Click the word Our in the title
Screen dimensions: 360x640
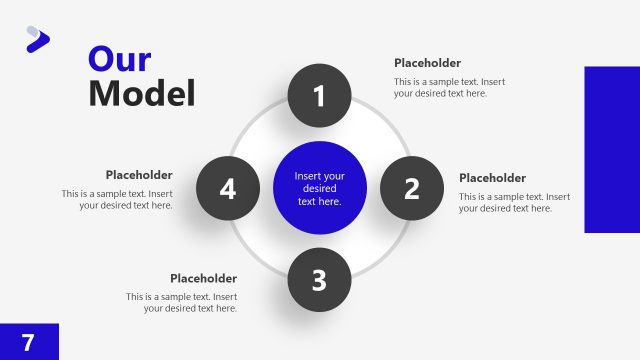click(x=119, y=58)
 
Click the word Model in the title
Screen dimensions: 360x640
click(x=141, y=93)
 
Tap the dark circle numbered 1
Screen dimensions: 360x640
click(x=319, y=96)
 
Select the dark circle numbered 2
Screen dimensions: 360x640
click(x=411, y=188)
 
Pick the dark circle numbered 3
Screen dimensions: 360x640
click(x=319, y=279)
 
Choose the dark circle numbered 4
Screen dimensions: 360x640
click(x=228, y=188)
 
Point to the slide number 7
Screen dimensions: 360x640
click(x=28, y=342)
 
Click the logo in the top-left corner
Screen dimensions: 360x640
click(x=37, y=39)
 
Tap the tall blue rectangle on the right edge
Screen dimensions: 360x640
click(x=611, y=149)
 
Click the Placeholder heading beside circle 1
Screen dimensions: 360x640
click(x=427, y=63)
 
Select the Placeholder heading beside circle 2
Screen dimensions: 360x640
click(x=492, y=178)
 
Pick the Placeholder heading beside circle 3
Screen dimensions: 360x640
click(x=203, y=278)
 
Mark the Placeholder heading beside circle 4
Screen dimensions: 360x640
click(x=139, y=175)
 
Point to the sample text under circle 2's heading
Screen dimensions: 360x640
click(x=514, y=202)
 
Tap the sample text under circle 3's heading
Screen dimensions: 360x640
click(x=182, y=302)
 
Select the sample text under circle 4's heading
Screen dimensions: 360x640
click(x=117, y=199)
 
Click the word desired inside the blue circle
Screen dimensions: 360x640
click(x=320, y=188)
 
